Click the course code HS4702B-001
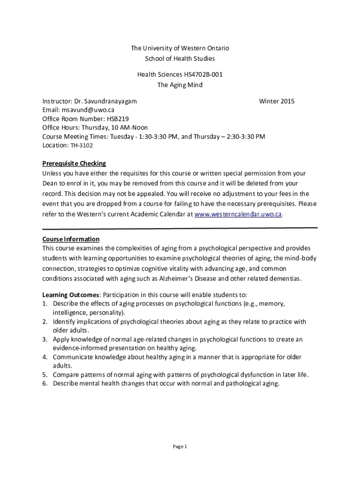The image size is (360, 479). coord(202,74)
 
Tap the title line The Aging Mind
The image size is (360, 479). coord(180,85)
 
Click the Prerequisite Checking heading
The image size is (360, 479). coord(74,163)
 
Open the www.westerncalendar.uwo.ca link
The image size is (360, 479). coord(238,214)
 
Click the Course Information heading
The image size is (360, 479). coord(71,239)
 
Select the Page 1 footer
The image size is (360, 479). coord(180,447)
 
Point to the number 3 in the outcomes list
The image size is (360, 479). coord(44,339)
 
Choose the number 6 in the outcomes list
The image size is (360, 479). coord(44,384)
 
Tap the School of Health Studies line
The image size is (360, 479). coord(180,58)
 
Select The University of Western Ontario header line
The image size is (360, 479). coord(180,48)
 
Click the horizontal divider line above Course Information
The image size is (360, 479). coord(180,228)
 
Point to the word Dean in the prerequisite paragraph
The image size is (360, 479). coord(50,183)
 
